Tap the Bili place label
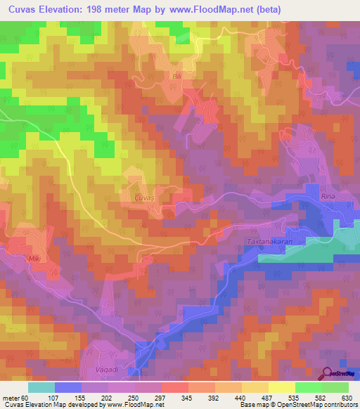pyautogui.click(x=176, y=74)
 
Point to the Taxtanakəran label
pyautogui.click(x=269, y=240)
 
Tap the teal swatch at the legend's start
pyautogui.click(x=41, y=387)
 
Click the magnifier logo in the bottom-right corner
pyautogui.click(x=328, y=372)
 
